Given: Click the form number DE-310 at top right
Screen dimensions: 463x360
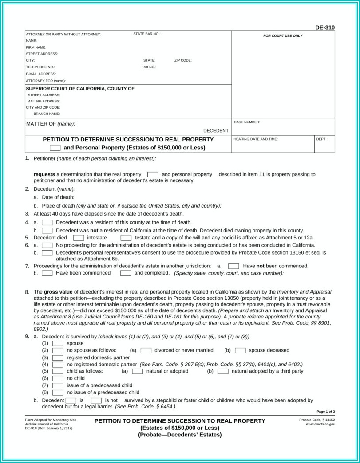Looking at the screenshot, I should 325,27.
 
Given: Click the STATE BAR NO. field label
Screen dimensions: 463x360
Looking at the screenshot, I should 146,34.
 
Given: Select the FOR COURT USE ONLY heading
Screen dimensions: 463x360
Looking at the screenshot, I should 283,35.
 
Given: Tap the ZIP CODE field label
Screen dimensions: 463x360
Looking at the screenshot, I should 183,60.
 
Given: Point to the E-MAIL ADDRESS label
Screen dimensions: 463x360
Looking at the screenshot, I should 41,74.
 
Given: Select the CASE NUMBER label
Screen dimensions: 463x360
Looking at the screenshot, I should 247,122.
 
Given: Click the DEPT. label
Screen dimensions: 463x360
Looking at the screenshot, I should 322,139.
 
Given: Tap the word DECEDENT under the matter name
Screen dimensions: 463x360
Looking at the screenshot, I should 216,130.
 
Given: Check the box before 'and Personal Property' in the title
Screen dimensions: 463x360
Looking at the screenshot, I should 55,148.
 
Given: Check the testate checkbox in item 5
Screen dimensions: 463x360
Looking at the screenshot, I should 126,238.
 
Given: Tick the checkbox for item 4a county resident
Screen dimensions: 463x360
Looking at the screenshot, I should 47,222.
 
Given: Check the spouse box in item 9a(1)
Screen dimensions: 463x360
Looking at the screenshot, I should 58,343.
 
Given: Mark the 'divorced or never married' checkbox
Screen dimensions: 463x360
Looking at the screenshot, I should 146,350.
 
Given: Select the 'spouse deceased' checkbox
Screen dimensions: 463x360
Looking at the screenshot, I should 241,350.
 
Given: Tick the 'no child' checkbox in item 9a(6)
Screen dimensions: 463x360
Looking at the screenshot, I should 58,378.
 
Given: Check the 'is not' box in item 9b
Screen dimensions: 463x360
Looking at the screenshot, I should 96,400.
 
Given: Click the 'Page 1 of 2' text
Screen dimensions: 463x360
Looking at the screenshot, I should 325,412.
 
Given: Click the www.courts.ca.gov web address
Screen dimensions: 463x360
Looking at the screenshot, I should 320,424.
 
